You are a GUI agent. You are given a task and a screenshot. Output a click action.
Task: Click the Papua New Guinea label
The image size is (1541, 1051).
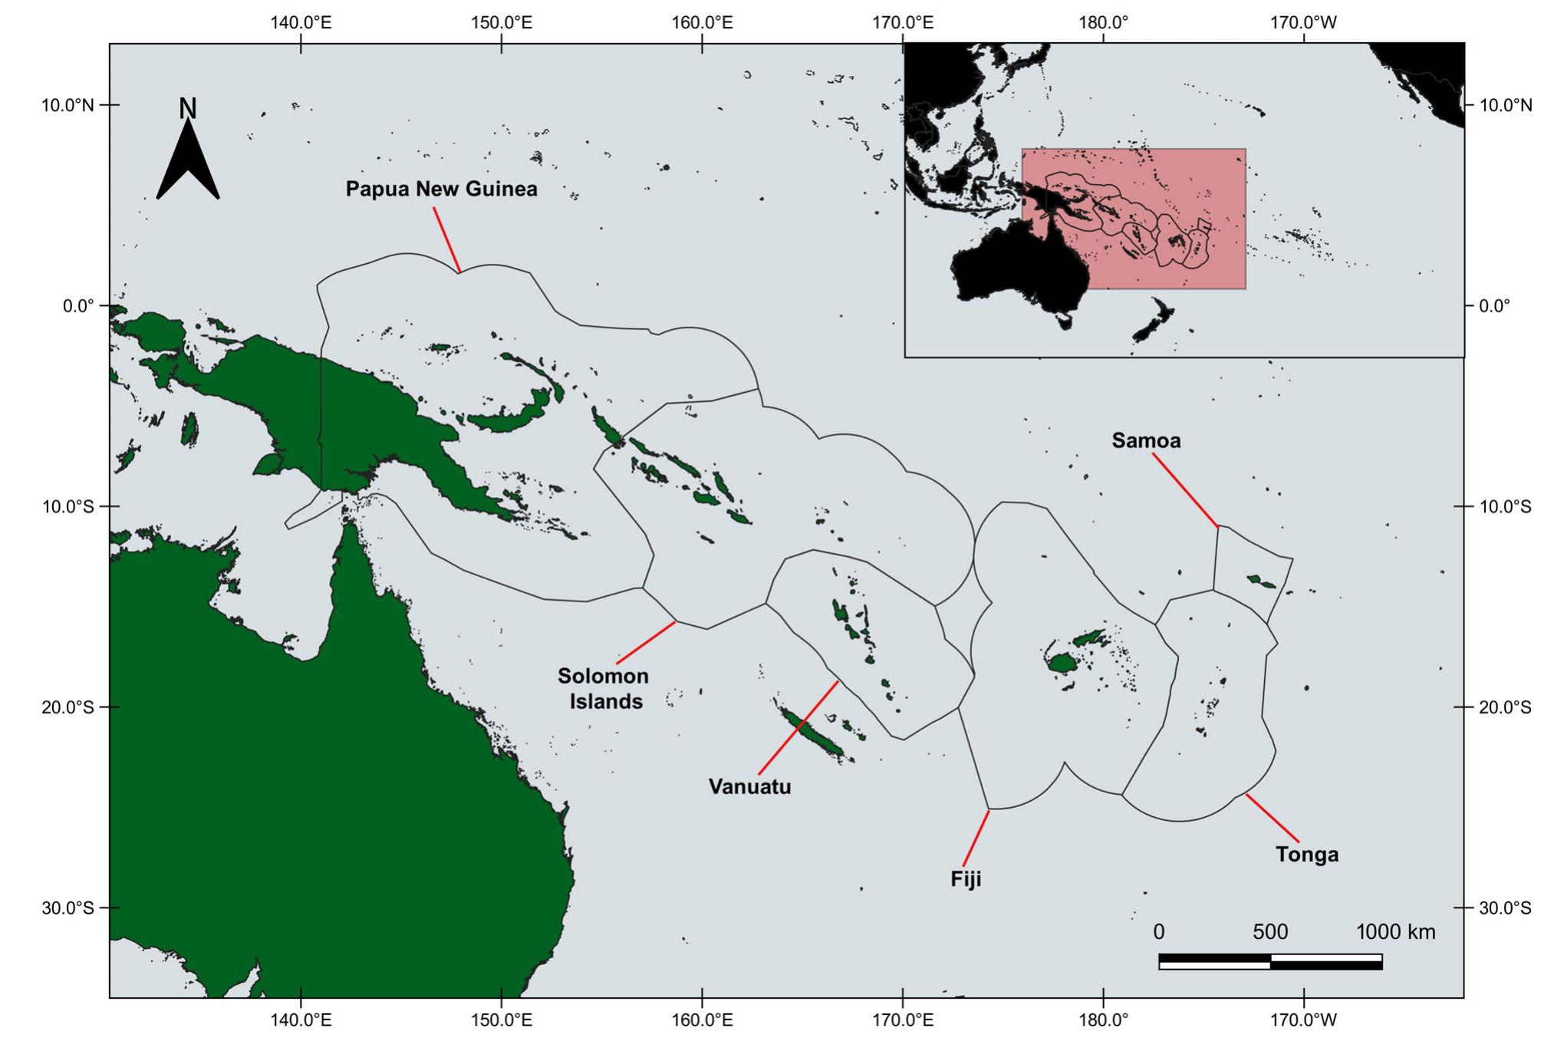(x=441, y=189)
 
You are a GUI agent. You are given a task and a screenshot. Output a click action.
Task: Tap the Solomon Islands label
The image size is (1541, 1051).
(x=604, y=688)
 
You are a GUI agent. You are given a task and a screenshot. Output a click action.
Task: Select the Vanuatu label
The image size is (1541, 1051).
(x=749, y=786)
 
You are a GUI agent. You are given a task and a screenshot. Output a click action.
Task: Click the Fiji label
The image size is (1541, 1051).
(x=966, y=878)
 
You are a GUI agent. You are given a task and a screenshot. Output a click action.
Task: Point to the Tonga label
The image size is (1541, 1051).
(x=1307, y=854)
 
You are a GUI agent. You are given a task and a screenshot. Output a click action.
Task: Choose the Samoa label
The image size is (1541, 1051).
(x=1146, y=440)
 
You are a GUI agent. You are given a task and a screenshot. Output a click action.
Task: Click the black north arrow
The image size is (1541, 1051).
(x=188, y=165)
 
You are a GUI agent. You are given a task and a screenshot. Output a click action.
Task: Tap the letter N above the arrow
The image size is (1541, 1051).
(x=188, y=109)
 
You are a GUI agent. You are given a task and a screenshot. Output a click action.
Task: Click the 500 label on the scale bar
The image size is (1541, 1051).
(x=1270, y=931)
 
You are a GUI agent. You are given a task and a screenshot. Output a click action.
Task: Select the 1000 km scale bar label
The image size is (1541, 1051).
(x=1395, y=931)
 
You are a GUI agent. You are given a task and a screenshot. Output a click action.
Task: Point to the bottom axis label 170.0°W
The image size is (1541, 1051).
(x=1303, y=1020)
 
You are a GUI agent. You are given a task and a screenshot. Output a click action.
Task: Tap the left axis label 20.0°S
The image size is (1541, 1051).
(x=68, y=707)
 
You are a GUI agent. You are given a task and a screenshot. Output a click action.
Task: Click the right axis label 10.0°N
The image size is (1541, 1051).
(x=1504, y=105)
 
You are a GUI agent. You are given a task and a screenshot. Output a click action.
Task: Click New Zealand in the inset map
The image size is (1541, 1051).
(x=1153, y=322)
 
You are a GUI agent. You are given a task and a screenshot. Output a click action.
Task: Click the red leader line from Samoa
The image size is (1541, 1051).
(x=1185, y=489)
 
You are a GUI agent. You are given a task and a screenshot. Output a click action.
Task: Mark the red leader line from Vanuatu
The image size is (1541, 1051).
(x=798, y=726)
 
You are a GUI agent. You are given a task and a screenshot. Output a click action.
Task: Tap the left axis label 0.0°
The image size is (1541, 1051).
(x=77, y=306)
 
